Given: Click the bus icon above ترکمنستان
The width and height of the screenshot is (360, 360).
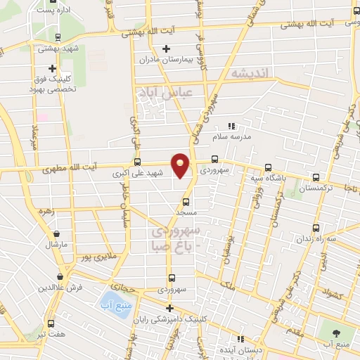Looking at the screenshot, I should point(316,178).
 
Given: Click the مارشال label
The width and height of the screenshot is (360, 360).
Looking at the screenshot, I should point(56,245).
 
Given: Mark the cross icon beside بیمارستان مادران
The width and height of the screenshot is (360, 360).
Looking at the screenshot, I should point(165,49).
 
